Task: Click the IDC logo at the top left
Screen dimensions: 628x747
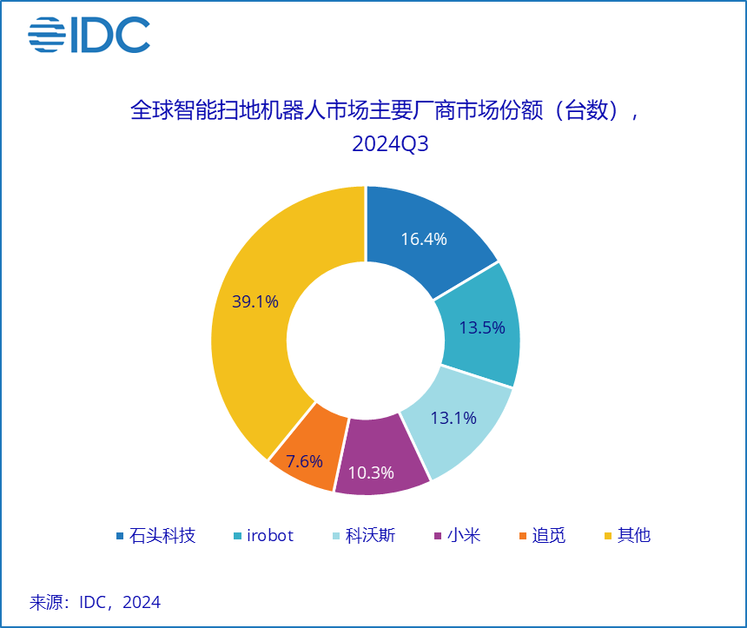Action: click(89, 35)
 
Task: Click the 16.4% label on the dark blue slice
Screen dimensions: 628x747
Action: click(424, 239)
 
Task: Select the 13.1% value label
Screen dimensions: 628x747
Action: click(453, 418)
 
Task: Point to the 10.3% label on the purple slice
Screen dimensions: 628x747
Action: click(371, 473)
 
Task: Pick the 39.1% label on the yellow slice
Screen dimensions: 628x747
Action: click(255, 301)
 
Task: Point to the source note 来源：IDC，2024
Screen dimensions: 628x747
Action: click(96, 602)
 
